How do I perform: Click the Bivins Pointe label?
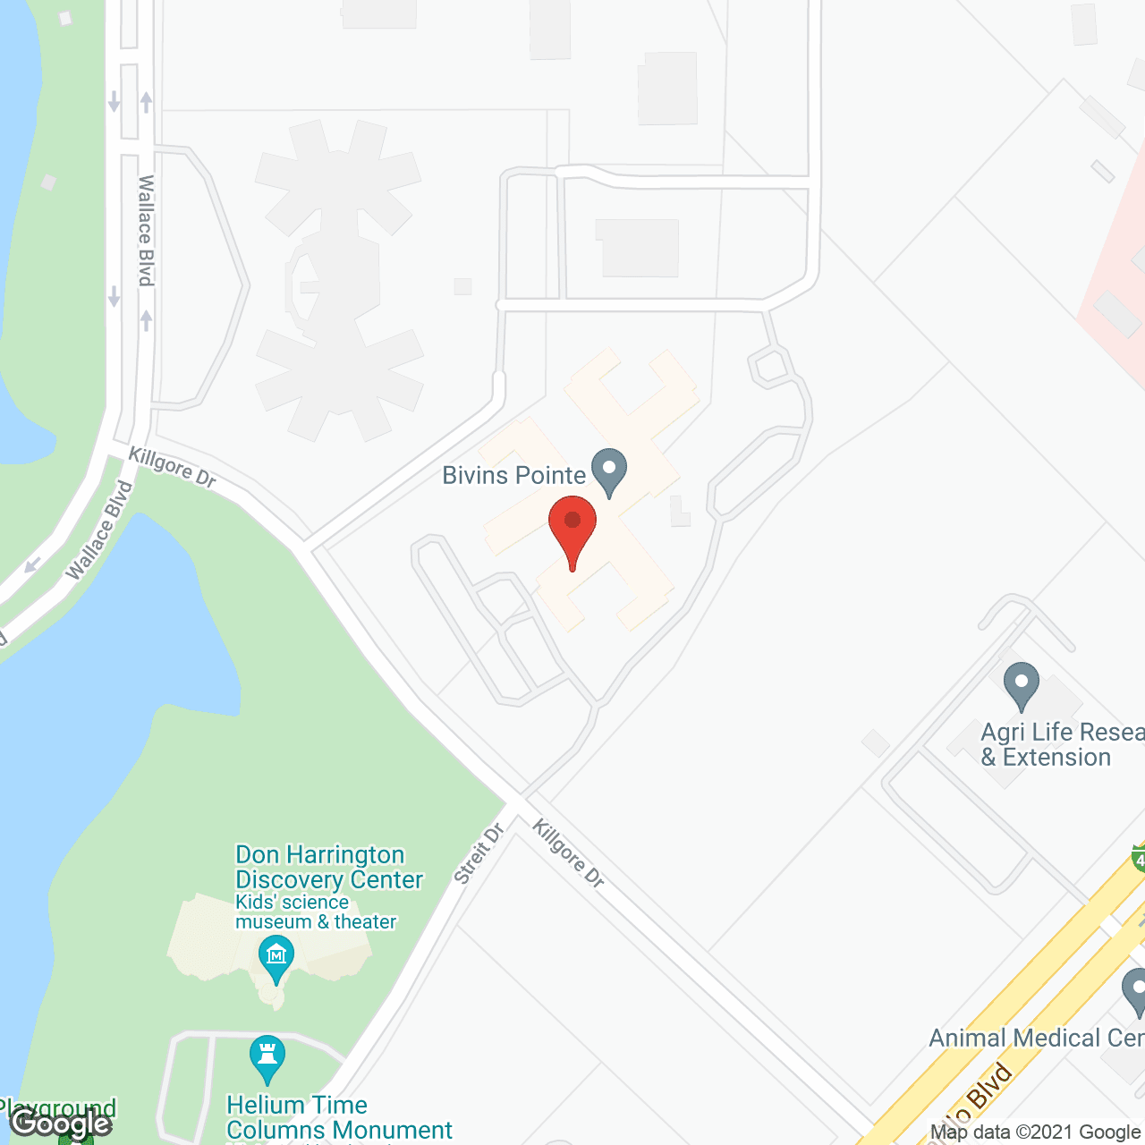(513, 475)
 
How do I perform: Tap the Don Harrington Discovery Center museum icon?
(276, 957)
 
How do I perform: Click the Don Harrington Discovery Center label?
(328, 867)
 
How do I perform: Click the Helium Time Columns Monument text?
(339, 1117)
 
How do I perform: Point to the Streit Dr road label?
(479, 854)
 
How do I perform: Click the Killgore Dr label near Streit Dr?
(569, 853)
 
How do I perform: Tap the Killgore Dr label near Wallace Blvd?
(173, 467)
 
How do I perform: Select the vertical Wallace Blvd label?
(146, 231)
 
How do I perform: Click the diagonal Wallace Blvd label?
(99, 530)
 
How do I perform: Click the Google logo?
(60, 1123)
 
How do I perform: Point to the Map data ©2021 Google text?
(1035, 1132)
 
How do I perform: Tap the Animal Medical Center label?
(1036, 1038)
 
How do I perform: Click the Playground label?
(58, 1108)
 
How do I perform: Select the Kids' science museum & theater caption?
(315, 912)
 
